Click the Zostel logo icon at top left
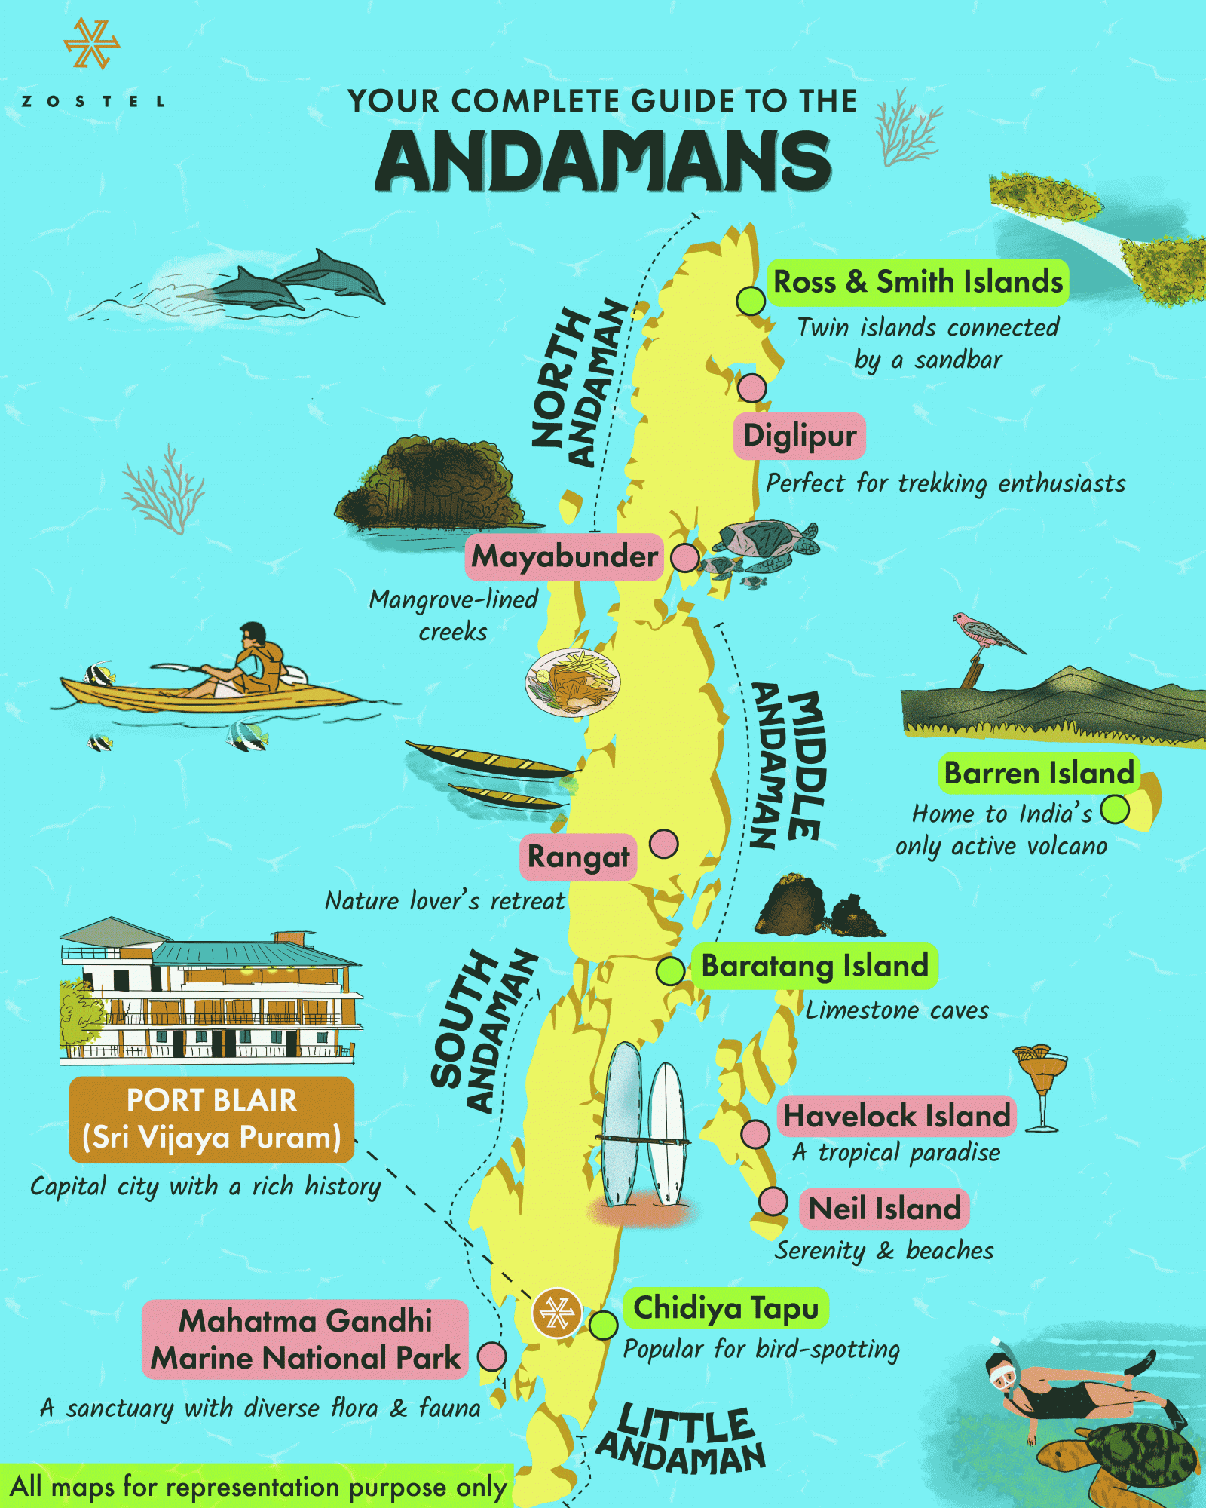pos(91,44)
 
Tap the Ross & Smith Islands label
pos(917,282)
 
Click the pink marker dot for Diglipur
pos(751,388)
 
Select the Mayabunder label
pos(564,556)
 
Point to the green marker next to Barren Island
pos(1115,810)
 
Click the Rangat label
pos(578,857)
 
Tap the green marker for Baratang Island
pos(670,970)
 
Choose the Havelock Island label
pos(896,1115)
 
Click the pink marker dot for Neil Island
pos(773,1201)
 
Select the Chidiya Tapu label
pos(725,1308)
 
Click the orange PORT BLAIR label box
pos(211,1119)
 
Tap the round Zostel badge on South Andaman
pos(557,1313)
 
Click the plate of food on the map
pos(573,682)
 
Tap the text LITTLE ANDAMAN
pos(682,1442)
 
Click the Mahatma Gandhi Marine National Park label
pos(305,1339)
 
